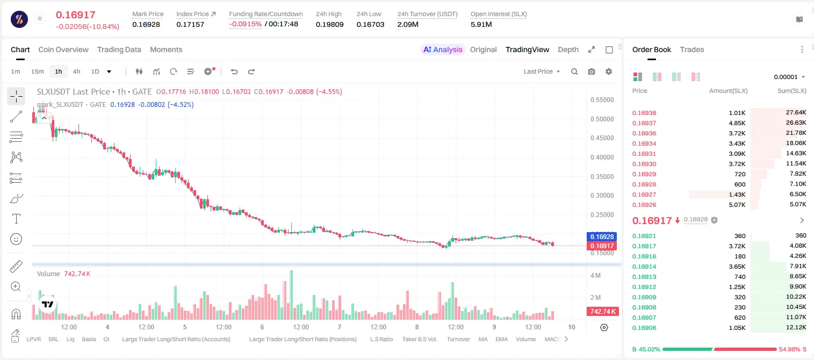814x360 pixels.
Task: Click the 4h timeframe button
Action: click(76, 71)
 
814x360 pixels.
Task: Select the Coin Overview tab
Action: click(63, 49)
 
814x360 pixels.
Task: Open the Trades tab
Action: click(692, 49)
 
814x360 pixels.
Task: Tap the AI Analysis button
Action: click(443, 49)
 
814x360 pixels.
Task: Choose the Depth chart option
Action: click(568, 49)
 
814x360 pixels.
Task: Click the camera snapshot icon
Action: click(592, 71)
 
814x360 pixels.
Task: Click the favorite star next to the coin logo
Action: click(40, 18)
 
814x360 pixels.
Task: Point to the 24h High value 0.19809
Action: click(329, 24)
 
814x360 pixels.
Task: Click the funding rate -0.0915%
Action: click(246, 24)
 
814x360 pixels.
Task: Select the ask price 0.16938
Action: click(644, 113)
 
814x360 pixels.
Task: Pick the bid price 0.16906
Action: click(644, 328)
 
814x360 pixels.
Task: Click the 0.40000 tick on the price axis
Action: click(602, 157)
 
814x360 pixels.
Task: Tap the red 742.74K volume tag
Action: click(602, 311)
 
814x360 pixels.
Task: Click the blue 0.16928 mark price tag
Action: click(601, 236)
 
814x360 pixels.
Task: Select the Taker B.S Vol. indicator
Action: click(419, 339)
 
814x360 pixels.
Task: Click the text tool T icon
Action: click(16, 219)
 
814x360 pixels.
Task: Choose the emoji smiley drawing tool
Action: click(16, 239)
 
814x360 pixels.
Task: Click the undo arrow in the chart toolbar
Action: click(234, 71)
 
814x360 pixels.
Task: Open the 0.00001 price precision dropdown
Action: click(789, 77)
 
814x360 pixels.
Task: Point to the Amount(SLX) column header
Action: click(728, 91)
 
